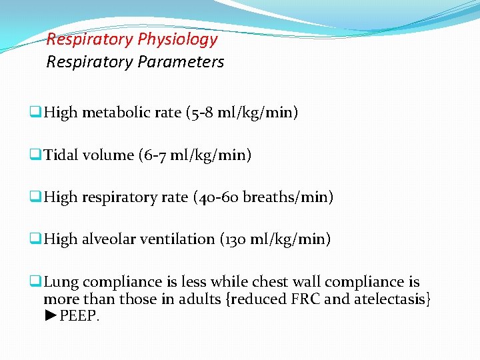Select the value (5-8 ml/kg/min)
pyautogui.click(x=242, y=113)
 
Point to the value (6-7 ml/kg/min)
pyautogui.click(x=195, y=155)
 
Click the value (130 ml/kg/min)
pyautogui.click(x=275, y=239)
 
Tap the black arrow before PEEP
pyautogui.click(x=51, y=315)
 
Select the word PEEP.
pyautogui.click(x=79, y=315)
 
